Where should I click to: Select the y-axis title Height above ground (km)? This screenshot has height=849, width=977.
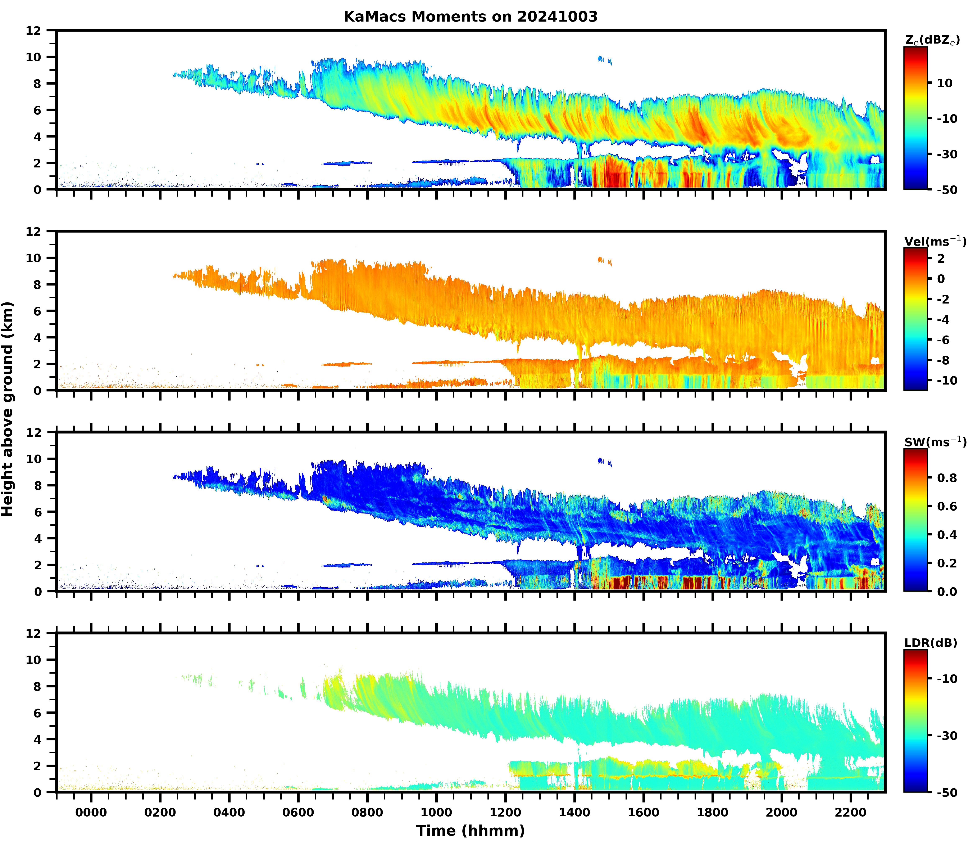(x=8, y=409)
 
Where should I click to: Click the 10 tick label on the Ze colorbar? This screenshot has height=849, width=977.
(x=945, y=83)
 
